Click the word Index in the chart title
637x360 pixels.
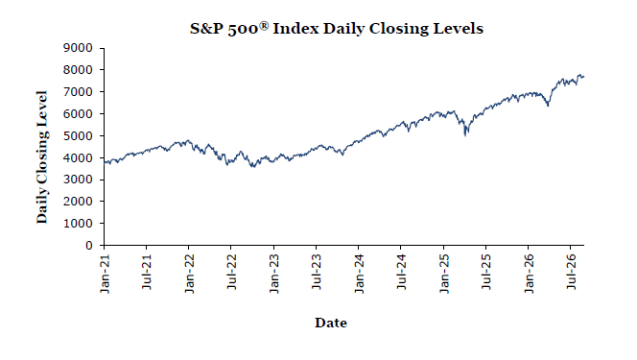295,29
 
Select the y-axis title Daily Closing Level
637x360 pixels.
42,157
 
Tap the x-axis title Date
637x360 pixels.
331,323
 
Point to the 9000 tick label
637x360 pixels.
78,48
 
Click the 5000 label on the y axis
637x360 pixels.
78,135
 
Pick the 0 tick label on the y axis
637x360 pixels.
89,246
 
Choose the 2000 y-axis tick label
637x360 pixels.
78,202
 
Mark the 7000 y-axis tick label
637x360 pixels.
78,92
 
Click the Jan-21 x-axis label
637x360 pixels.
105,274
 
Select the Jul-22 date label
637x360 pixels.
231,272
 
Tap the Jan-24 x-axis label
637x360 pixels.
359,274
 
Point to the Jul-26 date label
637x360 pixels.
571,272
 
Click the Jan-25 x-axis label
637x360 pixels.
444,274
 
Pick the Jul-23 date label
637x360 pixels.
317,272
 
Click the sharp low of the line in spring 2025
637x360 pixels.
465,135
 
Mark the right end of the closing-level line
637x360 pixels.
584,77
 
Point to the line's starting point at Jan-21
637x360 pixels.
105,162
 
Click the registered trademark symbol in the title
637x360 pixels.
264,26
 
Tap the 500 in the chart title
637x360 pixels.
243,29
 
